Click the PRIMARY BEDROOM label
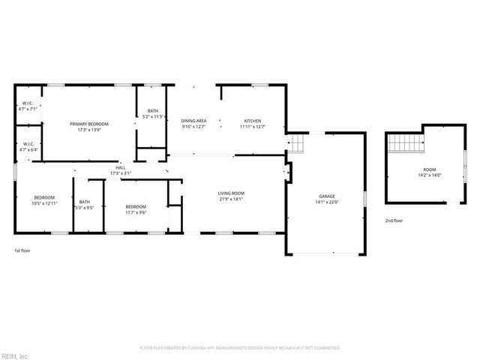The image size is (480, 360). coord(89,124)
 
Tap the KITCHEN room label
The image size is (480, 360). coord(252,121)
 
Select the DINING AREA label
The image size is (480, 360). coord(193,121)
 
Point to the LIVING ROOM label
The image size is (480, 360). coord(232,193)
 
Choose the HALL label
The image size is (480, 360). coord(120,168)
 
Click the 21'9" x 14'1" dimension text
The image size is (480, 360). coord(232,199)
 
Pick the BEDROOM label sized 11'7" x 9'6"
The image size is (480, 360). coord(136,206)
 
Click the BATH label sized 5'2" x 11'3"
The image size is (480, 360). coord(153,111)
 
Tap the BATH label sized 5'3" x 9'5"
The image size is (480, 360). coord(85,202)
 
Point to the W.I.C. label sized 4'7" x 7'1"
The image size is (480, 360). coord(28,103)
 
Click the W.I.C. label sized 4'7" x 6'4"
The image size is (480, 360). coord(28,144)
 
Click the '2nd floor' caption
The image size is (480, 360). coord(394,220)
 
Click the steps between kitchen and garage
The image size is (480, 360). coord(298,142)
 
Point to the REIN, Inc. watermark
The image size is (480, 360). coord(15,355)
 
